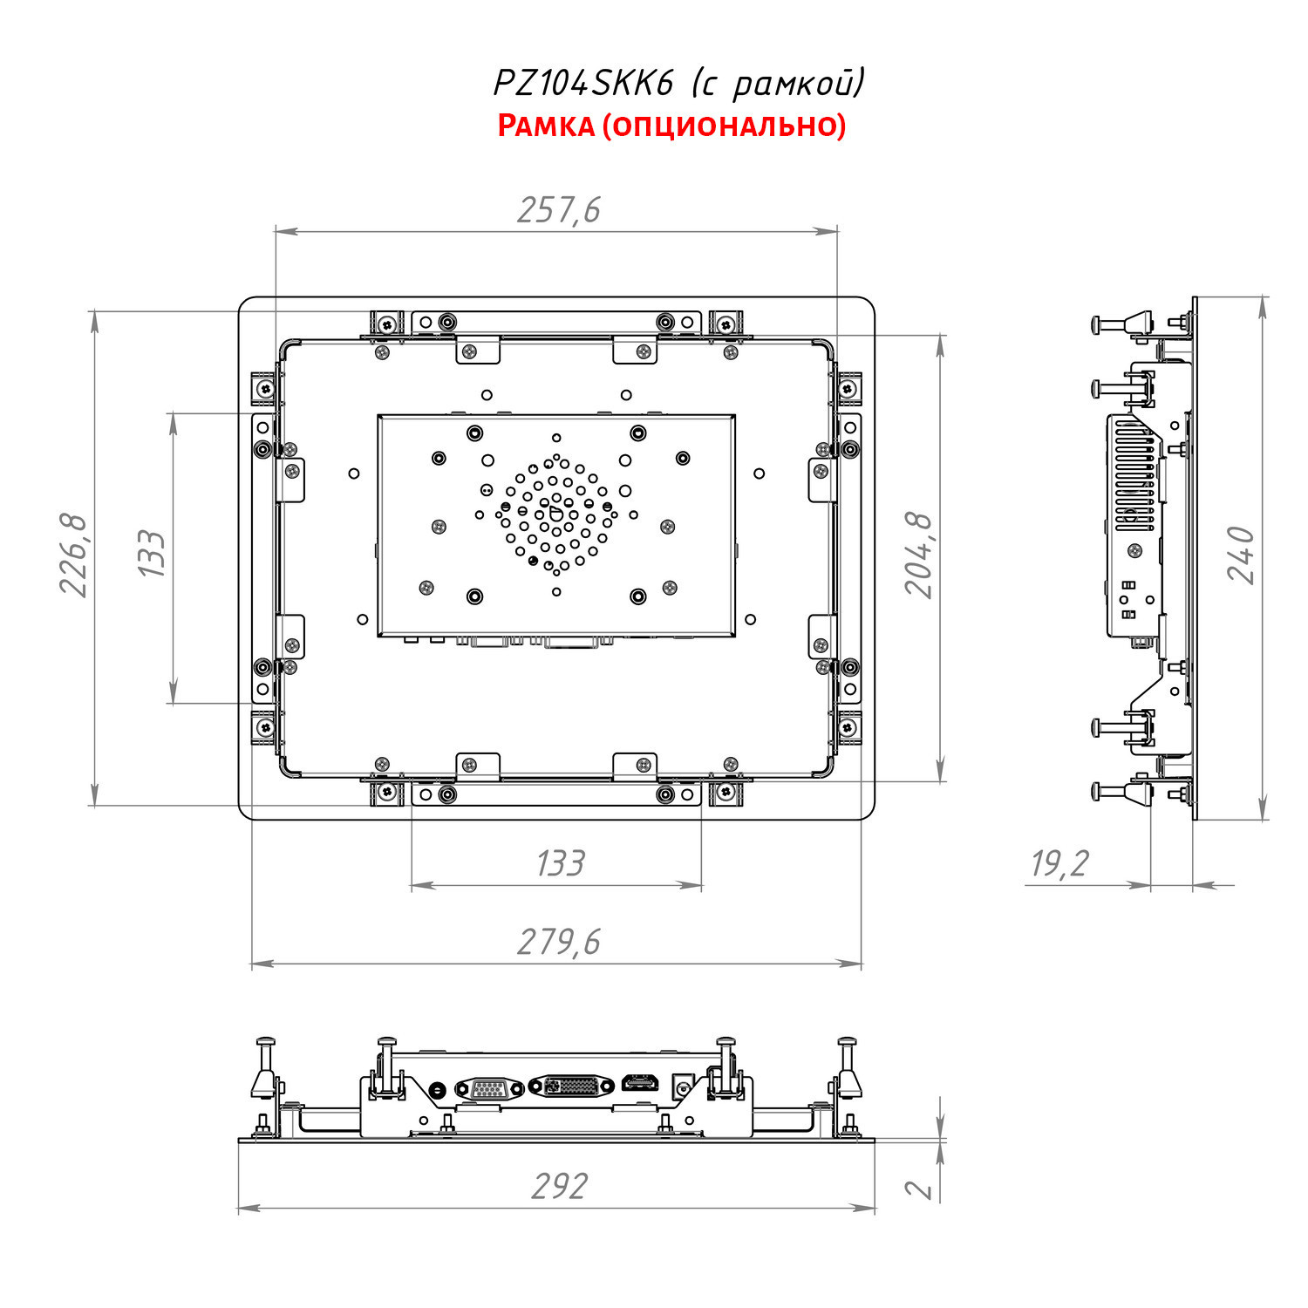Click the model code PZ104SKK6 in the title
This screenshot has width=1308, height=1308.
[x=584, y=84]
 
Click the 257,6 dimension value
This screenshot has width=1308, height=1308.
[x=559, y=210]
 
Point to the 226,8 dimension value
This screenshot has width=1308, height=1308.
[x=74, y=555]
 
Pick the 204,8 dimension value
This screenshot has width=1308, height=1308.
[x=918, y=555]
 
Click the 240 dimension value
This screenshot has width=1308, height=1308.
[x=1241, y=555]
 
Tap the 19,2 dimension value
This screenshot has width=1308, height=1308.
[x=1060, y=863]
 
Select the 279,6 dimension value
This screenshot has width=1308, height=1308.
[x=559, y=943]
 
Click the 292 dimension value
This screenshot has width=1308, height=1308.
[x=559, y=1187]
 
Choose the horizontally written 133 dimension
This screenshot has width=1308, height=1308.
[x=560, y=863]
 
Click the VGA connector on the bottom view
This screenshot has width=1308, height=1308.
[x=488, y=1088]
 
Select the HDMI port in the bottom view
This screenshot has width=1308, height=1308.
[x=640, y=1086]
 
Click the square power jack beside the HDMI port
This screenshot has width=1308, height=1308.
[x=681, y=1087]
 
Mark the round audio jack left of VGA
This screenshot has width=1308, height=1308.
[x=439, y=1089]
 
